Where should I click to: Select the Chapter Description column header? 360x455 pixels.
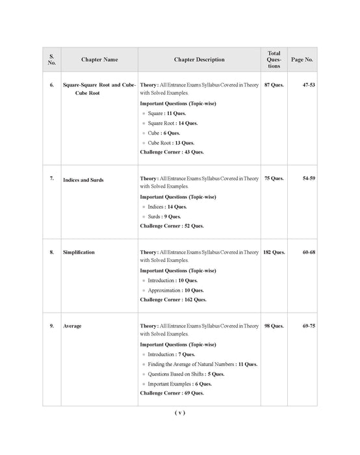199,60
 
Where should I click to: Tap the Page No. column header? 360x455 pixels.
302,60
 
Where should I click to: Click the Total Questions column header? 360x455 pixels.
274,59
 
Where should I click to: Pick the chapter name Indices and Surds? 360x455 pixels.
83,179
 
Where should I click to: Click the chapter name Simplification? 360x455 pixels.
79,252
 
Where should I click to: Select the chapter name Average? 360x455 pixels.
72,326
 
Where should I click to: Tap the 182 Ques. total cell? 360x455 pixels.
274,252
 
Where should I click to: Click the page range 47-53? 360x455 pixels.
309,86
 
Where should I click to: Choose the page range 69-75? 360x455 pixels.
309,326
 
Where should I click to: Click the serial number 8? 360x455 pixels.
51,252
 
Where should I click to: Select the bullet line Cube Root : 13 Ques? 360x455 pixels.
171,142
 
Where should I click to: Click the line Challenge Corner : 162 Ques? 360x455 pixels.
173,300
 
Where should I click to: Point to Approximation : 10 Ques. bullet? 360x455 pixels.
175,290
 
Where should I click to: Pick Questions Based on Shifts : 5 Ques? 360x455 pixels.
186,374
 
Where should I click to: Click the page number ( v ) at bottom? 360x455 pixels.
180,413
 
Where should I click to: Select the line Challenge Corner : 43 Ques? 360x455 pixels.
172,152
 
